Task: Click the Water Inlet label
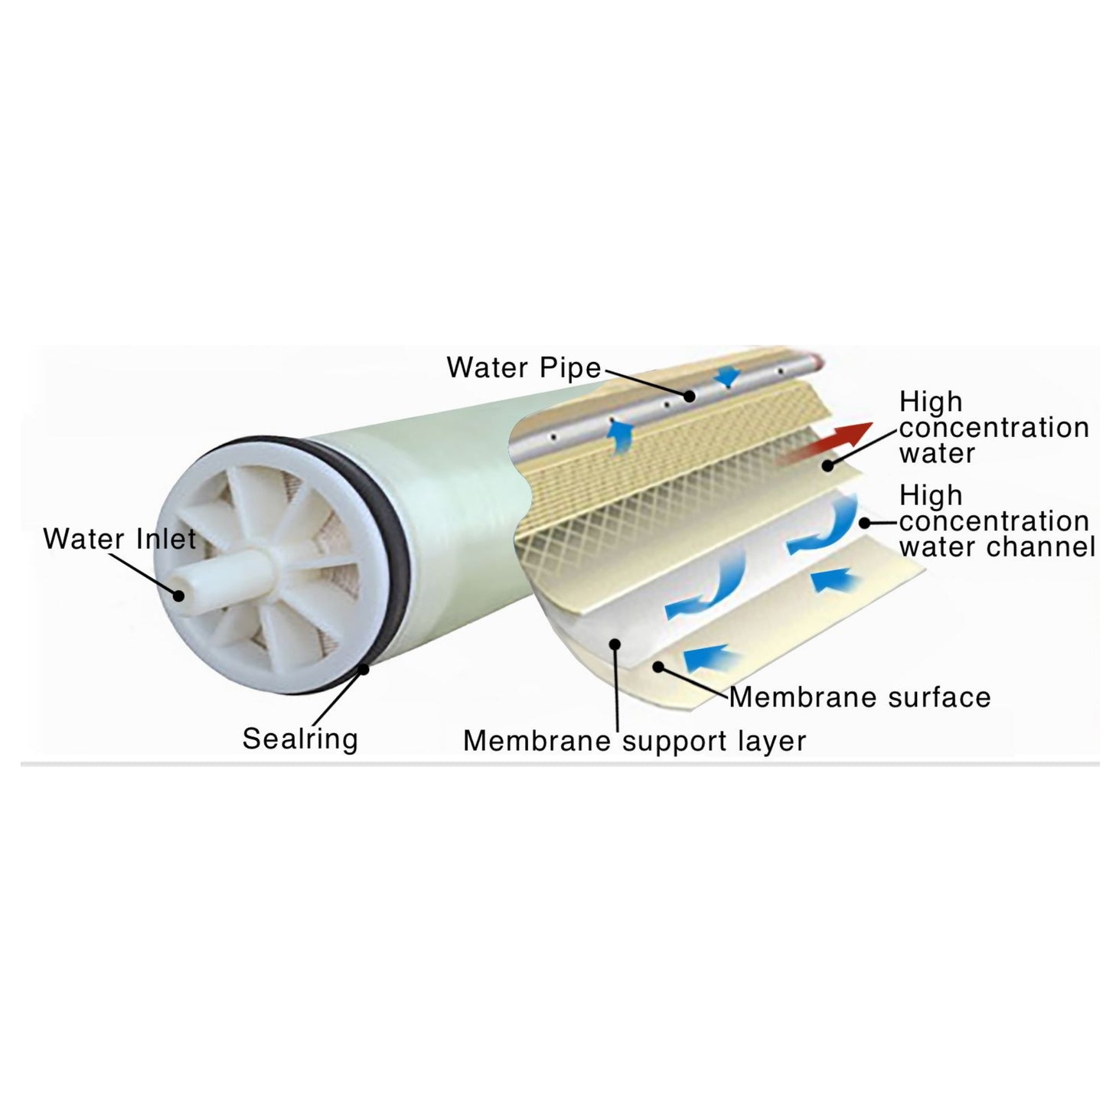[x=119, y=540]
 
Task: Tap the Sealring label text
[x=299, y=738]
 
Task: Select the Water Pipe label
[x=524, y=367]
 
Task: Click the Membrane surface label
[x=860, y=697]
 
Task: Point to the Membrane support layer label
[x=635, y=741]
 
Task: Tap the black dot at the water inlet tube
[x=178, y=595]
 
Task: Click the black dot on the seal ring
[x=363, y=669]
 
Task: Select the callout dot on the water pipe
[x=690, y=396]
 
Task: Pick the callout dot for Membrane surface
[x=659, y=667]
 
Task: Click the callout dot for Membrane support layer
[x=615, y=644]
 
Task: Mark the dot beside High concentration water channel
[x=864, y=523]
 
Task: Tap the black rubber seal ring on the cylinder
[x=373, y=551]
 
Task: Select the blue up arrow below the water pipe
[x=618, y=437]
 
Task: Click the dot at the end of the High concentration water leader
[x=827, y=465]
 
